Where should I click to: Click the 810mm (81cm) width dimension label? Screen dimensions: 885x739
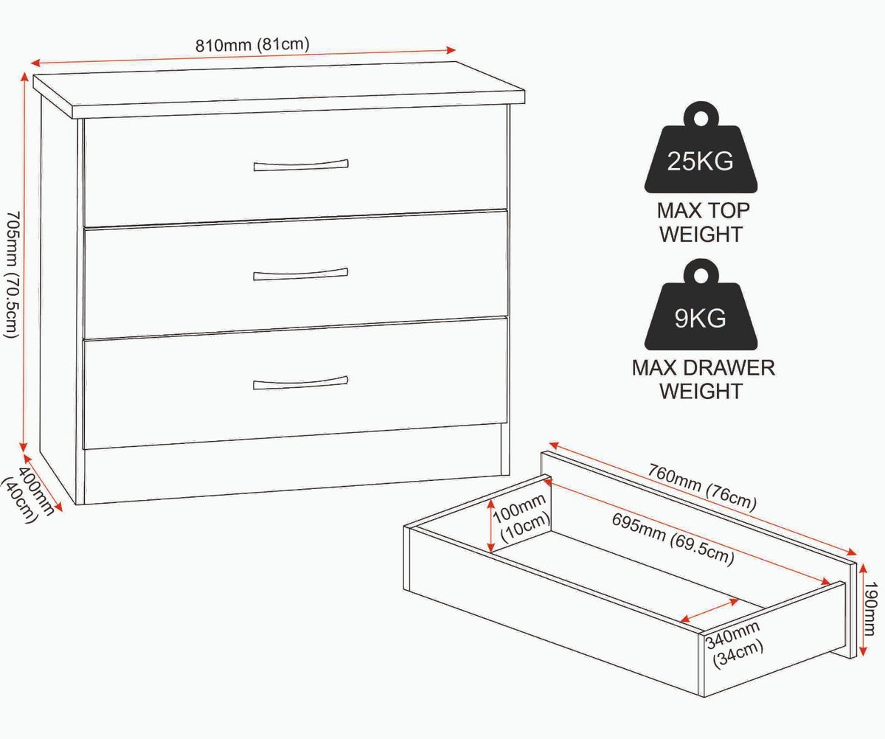point(252,45)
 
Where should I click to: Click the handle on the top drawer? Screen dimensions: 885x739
point(301,165)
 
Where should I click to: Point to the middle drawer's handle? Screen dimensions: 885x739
point(300,274)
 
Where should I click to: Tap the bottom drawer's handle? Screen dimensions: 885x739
point(300,383)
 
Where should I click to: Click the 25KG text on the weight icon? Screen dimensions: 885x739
point(700,161)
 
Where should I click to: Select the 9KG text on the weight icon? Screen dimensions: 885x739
point(700,319)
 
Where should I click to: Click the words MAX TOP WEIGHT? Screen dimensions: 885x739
point(702,223)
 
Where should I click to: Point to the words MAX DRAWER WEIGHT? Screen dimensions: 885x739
point(703,380)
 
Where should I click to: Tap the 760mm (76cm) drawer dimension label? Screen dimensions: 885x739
point(702,488)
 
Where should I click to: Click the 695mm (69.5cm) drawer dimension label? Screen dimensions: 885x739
point(673,539)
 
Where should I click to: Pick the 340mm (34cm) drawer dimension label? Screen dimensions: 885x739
point(734,645)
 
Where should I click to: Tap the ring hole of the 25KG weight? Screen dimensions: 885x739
point(701,118)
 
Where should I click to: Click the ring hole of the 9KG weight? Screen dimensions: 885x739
point(701,276)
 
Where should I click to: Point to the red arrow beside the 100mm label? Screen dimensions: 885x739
point(491,525)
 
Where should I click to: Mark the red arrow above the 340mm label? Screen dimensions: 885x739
point(709,611)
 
